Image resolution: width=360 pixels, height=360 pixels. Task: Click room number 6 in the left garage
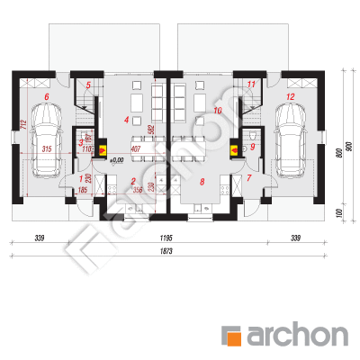point(45,94)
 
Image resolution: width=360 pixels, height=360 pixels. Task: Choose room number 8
point(202,181)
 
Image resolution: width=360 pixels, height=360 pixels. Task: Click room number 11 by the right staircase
point(251,85)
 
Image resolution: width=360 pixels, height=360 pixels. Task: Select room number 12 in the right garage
point(291,94)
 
